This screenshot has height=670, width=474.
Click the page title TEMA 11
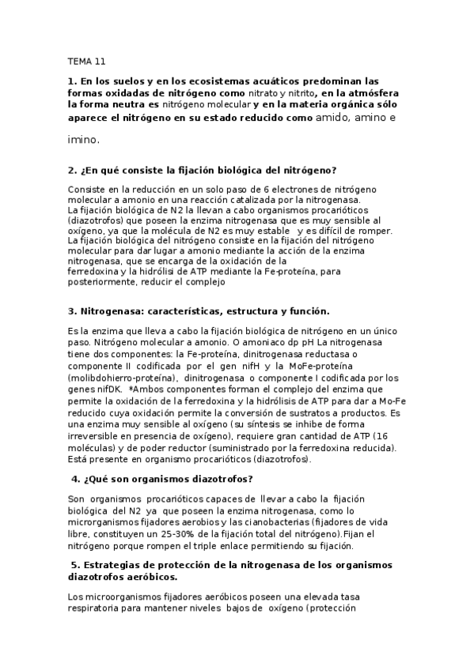coord(86,61)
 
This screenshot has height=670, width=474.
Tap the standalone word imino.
coord(84,139)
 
